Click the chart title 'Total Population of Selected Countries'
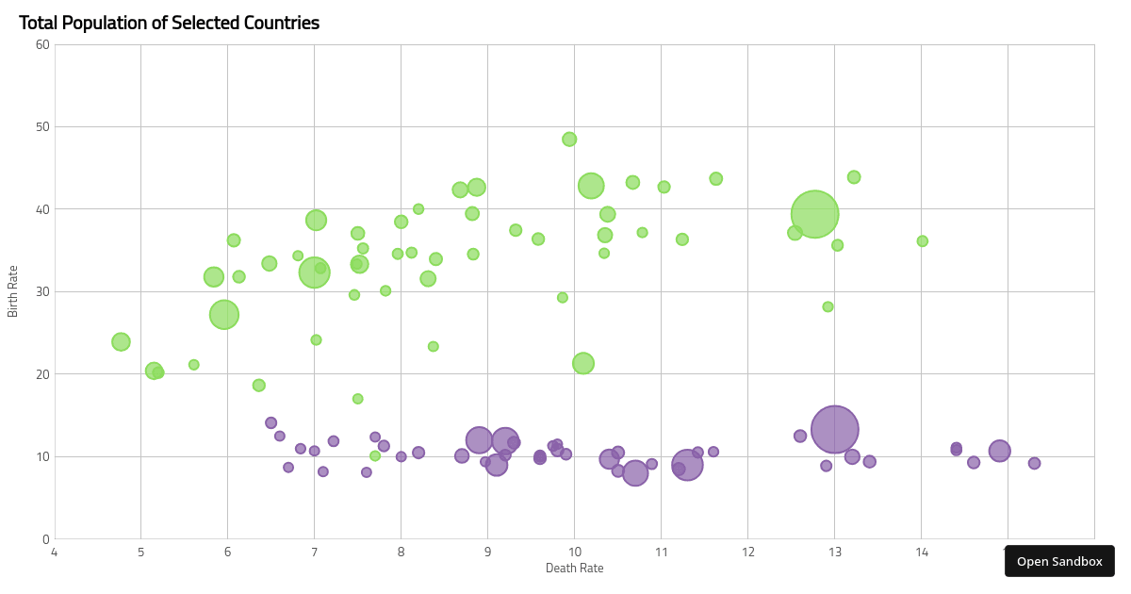point(169,24)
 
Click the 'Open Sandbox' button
point(1059,561)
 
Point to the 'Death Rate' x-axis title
point(575,569)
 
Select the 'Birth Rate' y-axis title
point(12,291)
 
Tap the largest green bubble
point(814,214)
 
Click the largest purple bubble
point(835,429)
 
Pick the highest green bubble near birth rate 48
point(569,140)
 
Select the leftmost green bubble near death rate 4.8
point(121,342)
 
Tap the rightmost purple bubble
point(1034,463)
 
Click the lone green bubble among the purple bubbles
point(375,456)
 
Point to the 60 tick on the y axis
point(43,45)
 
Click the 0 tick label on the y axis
point(46,539)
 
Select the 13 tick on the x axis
point(835,553)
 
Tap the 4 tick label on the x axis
point(55,553)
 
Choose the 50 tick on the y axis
point(43,126)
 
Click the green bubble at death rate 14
point(923,241)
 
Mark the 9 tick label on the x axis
point(488,553)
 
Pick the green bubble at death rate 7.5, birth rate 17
point(357,399)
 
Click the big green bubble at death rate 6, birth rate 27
point(224,315)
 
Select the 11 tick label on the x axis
point(662,553)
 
